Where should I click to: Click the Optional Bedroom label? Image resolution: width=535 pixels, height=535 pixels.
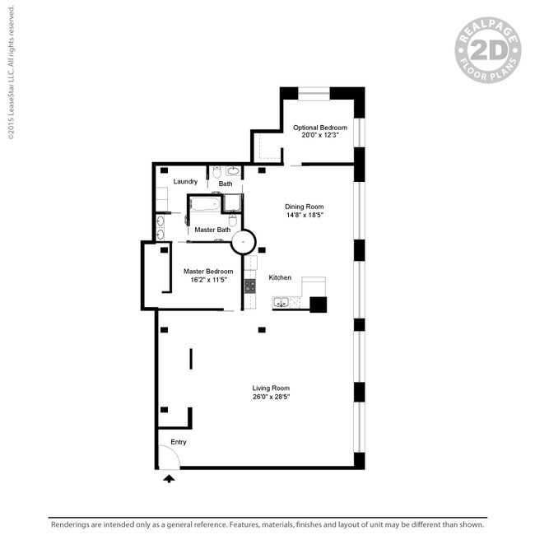tap(320, 128)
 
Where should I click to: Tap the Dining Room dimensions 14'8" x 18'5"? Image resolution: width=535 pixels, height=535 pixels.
tap(304, 216)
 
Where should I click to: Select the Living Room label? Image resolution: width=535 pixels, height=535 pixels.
tap(271, 388)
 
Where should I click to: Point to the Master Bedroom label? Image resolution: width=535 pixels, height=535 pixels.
tap(207, 271)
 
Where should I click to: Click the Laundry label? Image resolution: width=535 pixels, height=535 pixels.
tap(185, 181)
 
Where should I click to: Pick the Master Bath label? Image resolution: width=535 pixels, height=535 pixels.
tap(212, 230)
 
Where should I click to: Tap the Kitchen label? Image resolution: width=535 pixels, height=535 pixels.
tap(280, 278)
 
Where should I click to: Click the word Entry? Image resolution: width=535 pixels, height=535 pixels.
tap(179, 442)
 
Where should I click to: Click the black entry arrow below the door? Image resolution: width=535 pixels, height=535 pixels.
tap(170, 477)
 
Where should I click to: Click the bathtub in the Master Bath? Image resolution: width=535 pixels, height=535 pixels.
tap(204, 205)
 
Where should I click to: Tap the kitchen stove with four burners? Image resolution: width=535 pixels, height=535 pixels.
tap(249, 286)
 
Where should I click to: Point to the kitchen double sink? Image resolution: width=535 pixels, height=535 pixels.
tap(282, 302)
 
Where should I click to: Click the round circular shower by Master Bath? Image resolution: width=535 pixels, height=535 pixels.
tap(244, 242)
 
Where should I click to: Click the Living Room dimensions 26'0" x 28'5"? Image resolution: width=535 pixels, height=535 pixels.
tap(271, 397)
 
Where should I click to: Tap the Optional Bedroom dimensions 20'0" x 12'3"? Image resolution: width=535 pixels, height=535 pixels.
tap(320, 136)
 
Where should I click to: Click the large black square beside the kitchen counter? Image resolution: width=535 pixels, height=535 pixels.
tap(318, 305)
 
